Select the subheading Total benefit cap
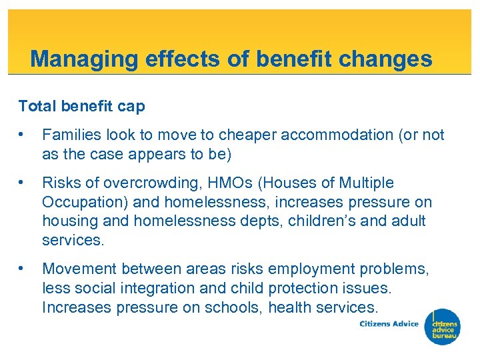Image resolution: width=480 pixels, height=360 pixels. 81,106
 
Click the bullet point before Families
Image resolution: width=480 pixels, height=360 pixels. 23,135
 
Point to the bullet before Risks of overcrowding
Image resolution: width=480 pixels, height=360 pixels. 23,183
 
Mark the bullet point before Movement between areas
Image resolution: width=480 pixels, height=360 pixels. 23,269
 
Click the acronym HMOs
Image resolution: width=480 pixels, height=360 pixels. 219,183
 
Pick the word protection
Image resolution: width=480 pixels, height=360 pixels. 313,288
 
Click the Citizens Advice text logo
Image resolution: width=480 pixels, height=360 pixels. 389,324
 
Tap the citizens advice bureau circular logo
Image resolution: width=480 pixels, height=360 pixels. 443,327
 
